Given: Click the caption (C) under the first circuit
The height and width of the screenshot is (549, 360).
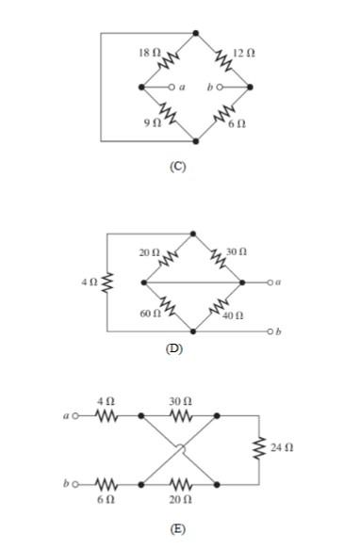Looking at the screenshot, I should tap(176, 166).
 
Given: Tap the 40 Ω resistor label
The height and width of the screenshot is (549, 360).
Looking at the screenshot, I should tap(234, 314).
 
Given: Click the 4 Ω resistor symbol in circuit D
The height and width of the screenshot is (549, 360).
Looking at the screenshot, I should tap(106, 282).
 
